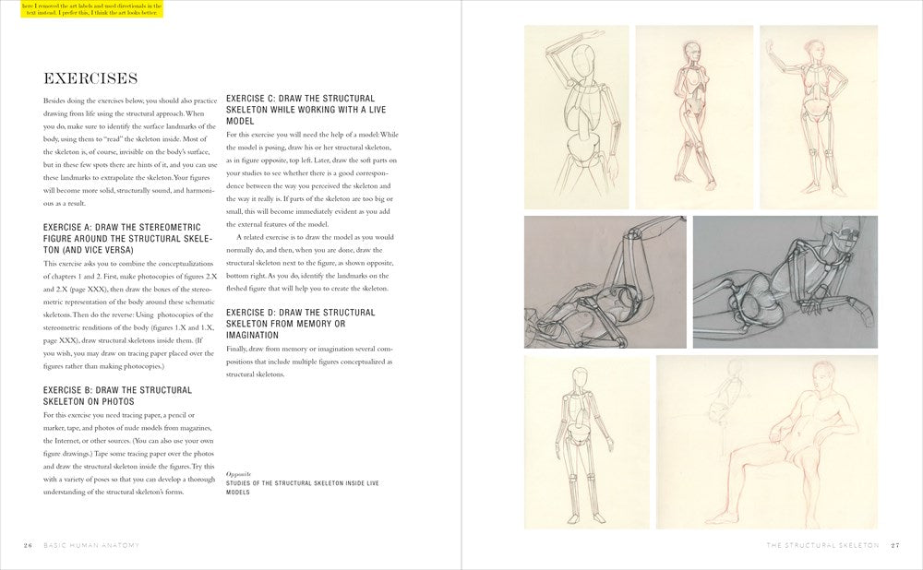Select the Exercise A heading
[127, 238]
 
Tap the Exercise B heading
[117, 397]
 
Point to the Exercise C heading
[300, 109]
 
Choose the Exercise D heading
[300, 318]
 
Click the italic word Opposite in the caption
[238, 472]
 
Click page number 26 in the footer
[28, 545]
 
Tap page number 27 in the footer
[894, 545]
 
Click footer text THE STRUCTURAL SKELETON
[822, 545]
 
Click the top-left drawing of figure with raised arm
[576, 116]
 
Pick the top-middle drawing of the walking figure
[692, 116]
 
